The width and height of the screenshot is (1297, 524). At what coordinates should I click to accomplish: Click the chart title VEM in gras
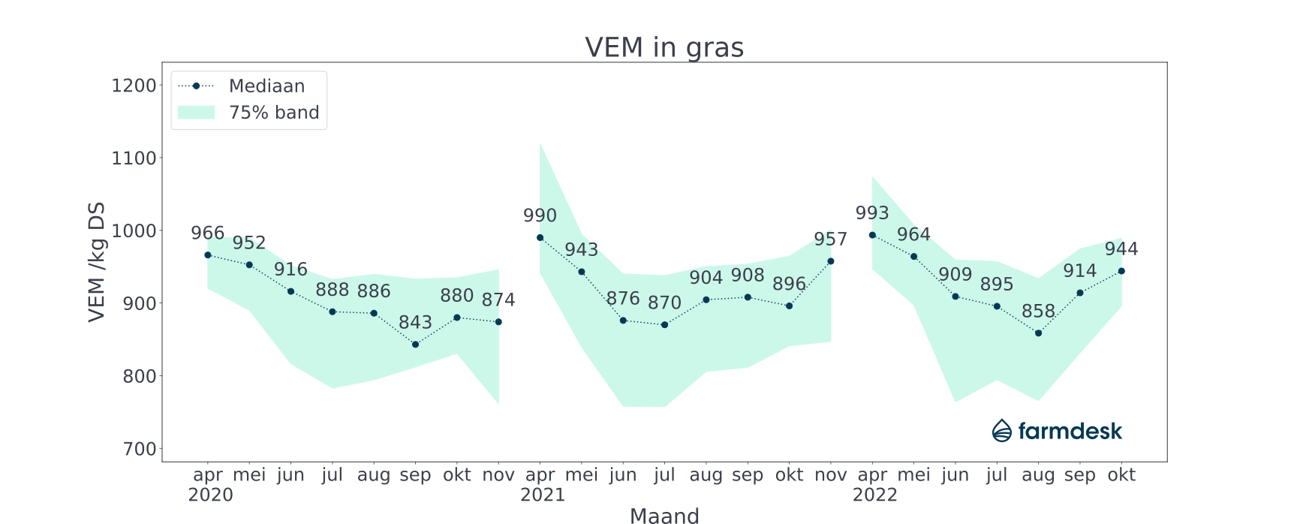[664, 47]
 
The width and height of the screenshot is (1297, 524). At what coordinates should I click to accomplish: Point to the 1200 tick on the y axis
[134, 86]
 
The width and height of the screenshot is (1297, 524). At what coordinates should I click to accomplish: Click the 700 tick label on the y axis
[139, 449]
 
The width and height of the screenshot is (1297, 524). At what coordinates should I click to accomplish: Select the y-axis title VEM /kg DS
[97, 262]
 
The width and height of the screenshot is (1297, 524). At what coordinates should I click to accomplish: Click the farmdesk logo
[1057, 431]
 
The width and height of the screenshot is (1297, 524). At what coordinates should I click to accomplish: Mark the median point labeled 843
[415, 345]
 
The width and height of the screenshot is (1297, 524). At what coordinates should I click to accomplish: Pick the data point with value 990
[540, 237]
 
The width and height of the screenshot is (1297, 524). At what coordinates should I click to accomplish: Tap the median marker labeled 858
[1038, 333]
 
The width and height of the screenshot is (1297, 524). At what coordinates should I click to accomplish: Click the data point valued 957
[830, 261]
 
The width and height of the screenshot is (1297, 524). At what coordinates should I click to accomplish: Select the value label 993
[872, 213]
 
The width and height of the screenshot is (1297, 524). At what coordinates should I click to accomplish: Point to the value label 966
[208, 233]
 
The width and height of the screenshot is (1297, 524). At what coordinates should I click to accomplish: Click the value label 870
[664, 303]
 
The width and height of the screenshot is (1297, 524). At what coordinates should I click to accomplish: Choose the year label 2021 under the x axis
[542, 495]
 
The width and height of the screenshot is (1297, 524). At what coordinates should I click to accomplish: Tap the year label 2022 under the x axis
[874, 495]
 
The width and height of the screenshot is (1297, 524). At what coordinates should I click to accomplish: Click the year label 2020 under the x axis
[210, 495]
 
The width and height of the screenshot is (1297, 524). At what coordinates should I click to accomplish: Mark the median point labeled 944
[1121, 271]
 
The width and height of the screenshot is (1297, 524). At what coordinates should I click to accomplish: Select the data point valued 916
[290, 291]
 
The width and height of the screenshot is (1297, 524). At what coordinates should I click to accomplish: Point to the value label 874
[498, 300]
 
